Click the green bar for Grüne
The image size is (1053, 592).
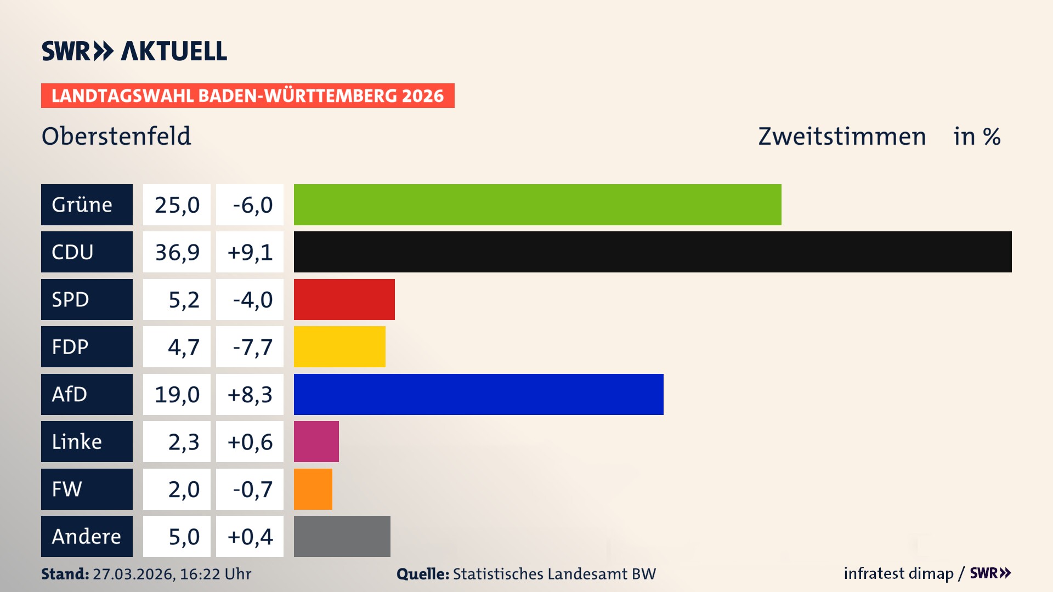pos(537,204)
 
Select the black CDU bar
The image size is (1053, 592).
pos(653,252)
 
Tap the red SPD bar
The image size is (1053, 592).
pos(344,299)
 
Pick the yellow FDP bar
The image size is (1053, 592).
pos(339,346)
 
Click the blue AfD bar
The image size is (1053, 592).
pos(478,394)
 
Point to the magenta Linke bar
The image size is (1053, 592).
pos(316,441)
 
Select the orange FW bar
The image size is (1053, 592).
pos(313,489)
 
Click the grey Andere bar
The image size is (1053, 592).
pos(342,536)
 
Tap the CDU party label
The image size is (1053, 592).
pos(87,252)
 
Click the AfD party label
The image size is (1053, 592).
pos(87,394)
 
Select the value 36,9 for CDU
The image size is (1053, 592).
pos(177,252)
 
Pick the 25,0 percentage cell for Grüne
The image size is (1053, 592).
pos(177,204)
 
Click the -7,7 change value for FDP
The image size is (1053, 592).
pos(250,346)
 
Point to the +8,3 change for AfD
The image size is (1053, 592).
pos(250,394)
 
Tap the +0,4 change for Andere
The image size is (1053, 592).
pos(250,536)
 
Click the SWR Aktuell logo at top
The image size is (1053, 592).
pos(134,51)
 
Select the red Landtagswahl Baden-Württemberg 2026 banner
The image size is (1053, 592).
pos(247,95)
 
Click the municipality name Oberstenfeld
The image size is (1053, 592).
pos(116,136)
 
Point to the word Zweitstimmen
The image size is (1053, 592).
pos(842,136)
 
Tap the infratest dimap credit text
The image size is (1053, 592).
pos(898,573)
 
